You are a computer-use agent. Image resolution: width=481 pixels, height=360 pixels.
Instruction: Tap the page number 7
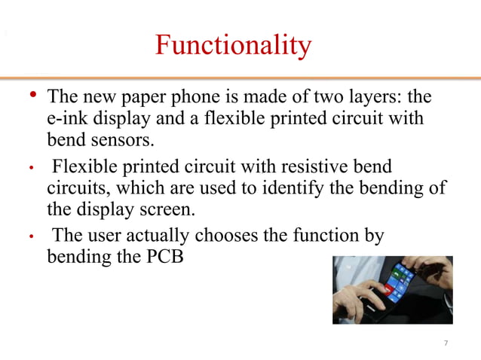[446, 344]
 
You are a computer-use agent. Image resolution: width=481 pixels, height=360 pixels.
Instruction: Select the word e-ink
[66, 119]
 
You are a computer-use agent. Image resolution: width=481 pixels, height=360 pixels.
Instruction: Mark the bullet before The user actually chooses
[32, 236]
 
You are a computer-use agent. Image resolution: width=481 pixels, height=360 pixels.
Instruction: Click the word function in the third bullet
[322, 235]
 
